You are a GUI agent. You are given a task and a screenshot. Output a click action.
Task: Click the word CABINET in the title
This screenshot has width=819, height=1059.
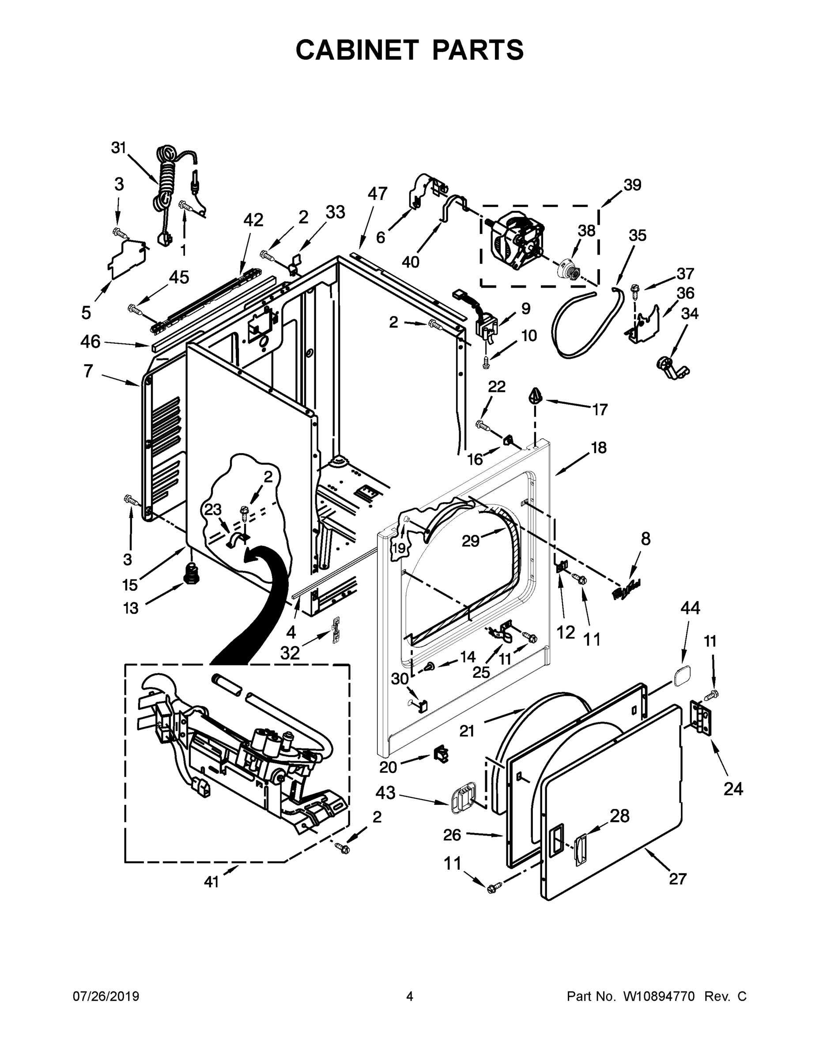[x=357, y=50]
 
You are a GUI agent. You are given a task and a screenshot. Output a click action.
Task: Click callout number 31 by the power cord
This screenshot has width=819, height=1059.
[x=119, y=147]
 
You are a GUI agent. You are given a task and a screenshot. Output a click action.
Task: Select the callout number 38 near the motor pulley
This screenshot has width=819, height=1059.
[x=586, y=231]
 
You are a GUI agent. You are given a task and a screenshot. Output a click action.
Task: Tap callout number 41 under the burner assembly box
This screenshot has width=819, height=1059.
[x=211, y=882]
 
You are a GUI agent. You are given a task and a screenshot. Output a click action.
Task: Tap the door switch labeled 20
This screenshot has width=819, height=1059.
[x=441, y=754]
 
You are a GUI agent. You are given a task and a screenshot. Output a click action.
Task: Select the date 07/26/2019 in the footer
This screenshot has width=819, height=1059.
[x=106, y=996]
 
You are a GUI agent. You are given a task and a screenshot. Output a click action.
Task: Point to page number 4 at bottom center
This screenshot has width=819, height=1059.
[x=410, y=996]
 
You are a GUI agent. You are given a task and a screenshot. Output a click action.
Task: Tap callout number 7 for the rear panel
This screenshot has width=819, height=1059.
[x=88, y=371]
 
